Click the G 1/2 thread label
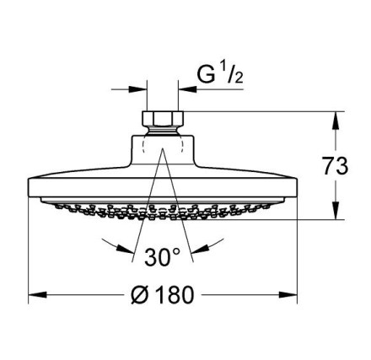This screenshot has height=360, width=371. [220, 73]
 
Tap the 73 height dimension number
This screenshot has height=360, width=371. [335, 166]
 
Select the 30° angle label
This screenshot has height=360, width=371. [162, 257]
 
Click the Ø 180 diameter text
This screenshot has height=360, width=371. [163, 294]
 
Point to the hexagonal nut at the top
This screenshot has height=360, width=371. [163, 118]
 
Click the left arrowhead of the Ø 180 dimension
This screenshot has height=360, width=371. [37, 295]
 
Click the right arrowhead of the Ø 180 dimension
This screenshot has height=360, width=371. [288, 295]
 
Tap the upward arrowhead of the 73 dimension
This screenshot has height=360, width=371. [336, 121]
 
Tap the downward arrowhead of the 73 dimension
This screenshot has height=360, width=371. [336, 210]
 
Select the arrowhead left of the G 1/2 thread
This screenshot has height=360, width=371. [138, 89]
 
